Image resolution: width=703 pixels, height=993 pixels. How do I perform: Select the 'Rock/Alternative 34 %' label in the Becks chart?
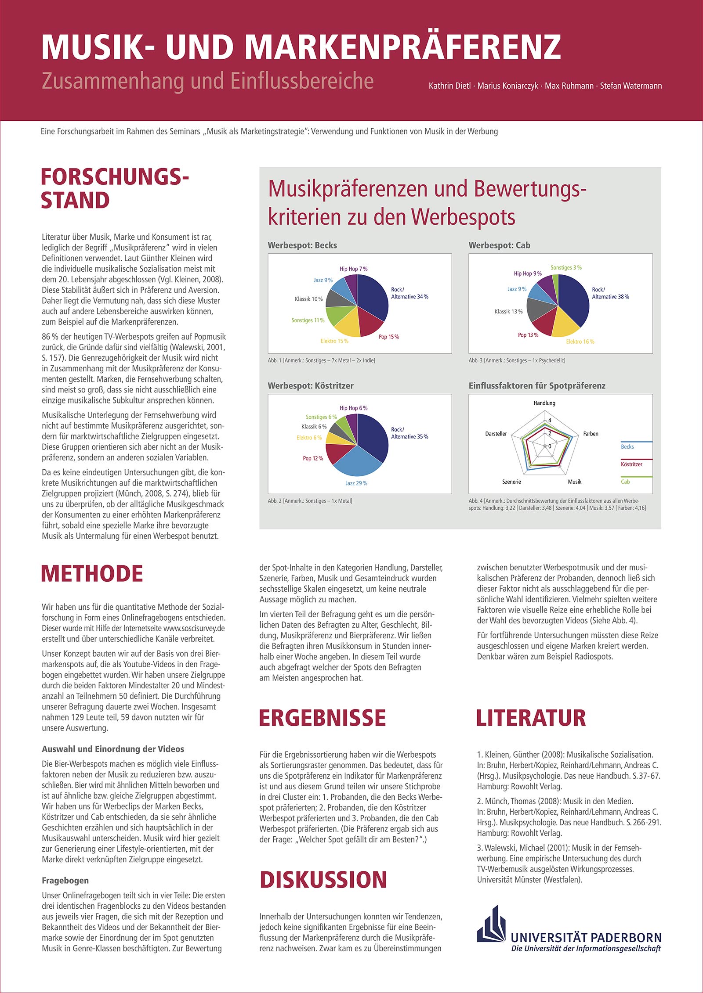point(409,293)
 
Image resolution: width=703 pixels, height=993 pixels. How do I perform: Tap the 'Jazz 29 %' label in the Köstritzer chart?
point(356,483)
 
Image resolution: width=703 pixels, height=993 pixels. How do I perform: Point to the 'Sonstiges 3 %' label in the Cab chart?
point(566,268)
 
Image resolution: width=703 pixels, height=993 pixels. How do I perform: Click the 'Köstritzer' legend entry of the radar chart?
point(631,464)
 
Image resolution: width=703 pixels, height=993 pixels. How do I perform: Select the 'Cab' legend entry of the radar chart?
point(625,482)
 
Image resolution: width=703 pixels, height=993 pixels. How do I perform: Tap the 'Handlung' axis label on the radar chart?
point(544,403)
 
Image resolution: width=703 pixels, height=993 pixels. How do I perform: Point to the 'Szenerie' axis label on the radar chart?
point(511,482)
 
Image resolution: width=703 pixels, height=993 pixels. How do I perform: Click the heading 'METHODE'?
point(92,574)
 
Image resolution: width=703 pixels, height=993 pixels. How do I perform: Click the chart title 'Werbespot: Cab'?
point(499,245)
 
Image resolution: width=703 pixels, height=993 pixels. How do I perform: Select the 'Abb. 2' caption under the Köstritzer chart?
point(310,501)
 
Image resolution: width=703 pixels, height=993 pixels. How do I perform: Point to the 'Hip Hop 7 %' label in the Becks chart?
point(353,269)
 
